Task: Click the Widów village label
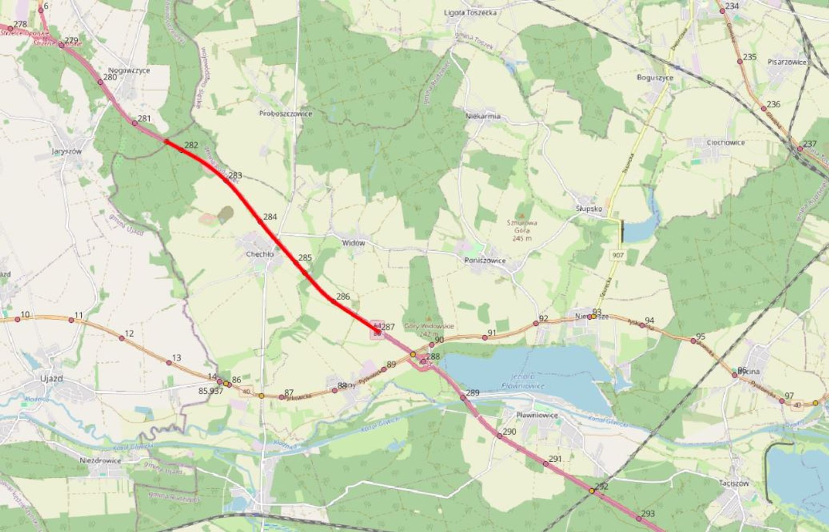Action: click(353, 243)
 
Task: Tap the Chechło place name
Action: click(259, 255)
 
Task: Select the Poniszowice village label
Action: click(484, 261)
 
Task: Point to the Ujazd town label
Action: click(51, 379)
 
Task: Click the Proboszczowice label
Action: click(285, 113)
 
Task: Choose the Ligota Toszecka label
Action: click(470, 13)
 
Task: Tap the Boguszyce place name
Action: click(655, 78)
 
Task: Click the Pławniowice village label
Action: click(537, 415)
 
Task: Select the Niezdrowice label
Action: click(100, 461)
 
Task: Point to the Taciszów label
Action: click(734, 483)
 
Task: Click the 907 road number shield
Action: click(618, 255)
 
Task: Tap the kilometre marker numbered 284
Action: click(260, 221)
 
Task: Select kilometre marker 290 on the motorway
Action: click(500, 436)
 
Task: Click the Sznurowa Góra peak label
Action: click(522, 223)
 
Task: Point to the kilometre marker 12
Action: click(122, 338)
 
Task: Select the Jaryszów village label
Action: click(66, 151)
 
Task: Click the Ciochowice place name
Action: click(725, 142)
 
